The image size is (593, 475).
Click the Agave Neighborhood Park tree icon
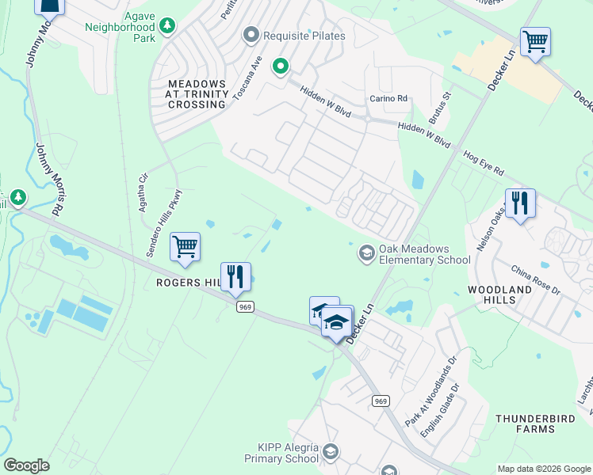pyautogui.click(x=167, y=27)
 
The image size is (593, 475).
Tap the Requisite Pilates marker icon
pyautogui.click(x=251, y=34)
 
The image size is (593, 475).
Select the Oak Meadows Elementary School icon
pyautogui.click(x=367, y=253)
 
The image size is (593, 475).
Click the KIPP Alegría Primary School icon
pyautogui.click(x=331, y=452)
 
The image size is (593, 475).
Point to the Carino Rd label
pyautogui.click(x=388, y=98)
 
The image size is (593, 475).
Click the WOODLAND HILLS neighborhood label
pyautogui.click(x=499, y=295)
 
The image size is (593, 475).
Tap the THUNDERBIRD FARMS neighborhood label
pyautogui.click(x=526, y=424)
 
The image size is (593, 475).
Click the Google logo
pyautogui.click(x=26, y=465)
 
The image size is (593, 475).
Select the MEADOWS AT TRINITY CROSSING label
pyautogui.click(x=197, y=94)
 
